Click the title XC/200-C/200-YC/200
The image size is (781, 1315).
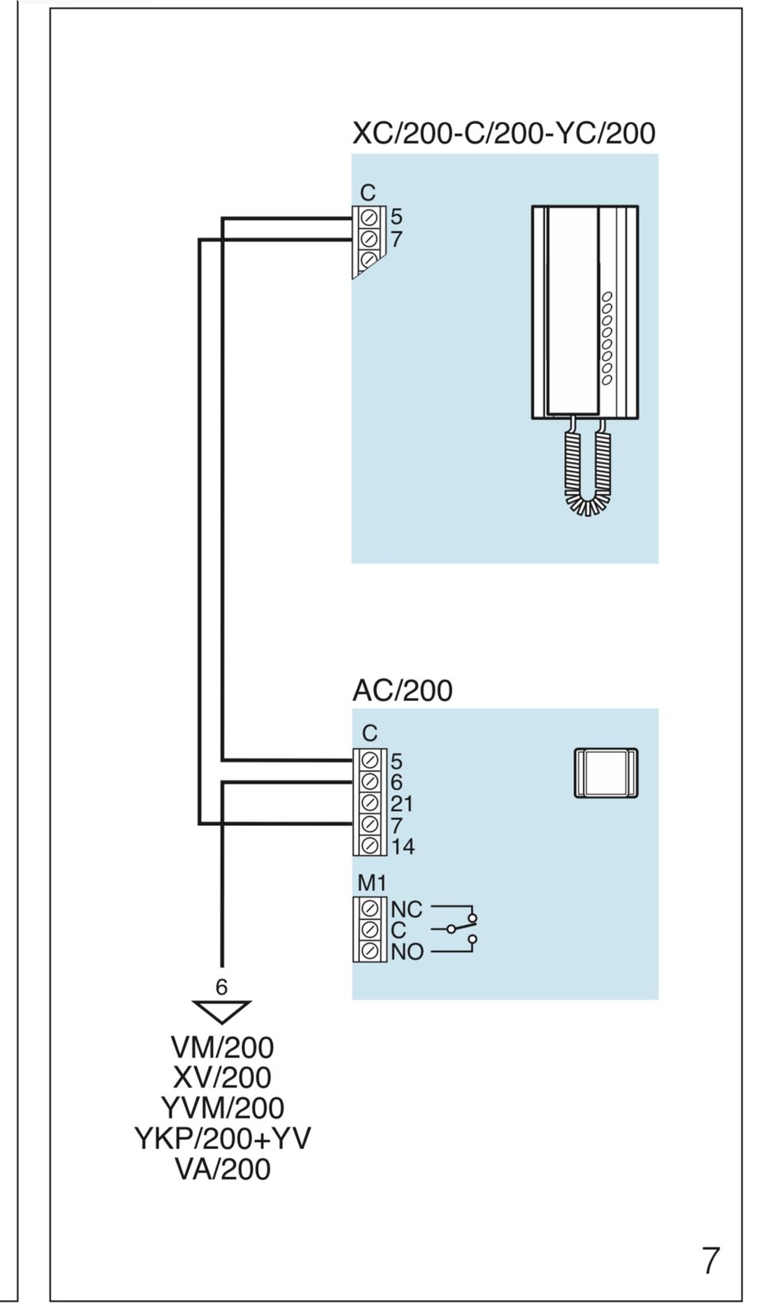pos(504,133)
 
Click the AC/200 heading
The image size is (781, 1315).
pos(402,690)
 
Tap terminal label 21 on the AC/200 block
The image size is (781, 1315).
pos(401,804)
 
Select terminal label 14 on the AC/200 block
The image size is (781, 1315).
pos(403,847)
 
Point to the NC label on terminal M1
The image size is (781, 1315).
pos(406,910)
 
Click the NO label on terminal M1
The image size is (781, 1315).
pos(407,953)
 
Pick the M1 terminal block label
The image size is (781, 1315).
pos(372,884)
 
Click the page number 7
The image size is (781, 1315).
pos(711,1260)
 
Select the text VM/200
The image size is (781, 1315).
pos(222,1048)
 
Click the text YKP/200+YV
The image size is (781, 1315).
pos(222,1138)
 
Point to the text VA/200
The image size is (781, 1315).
pos(222,1169)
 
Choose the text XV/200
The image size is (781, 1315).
pos(222,1077)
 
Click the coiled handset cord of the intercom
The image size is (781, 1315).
pos(587,473)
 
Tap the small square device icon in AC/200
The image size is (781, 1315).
pos(606,773)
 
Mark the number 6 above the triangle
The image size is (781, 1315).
pos(221,987)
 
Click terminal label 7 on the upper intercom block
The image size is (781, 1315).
pos(396,239)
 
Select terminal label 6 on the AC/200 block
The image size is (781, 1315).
pos(396,782)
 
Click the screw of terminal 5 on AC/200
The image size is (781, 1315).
pos(370,760)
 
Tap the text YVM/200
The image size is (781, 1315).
pos(222,1108)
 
